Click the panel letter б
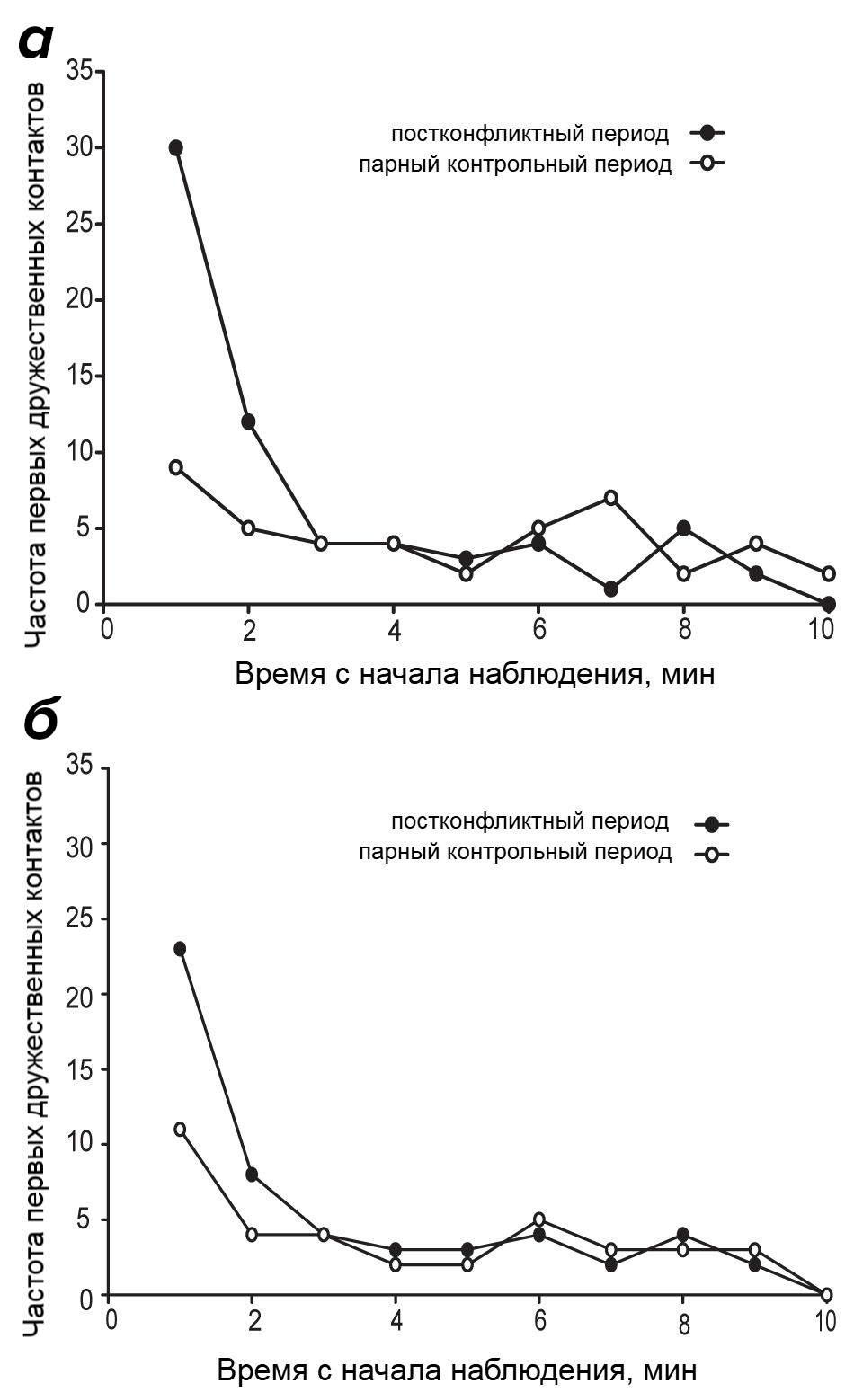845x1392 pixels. point(40,722)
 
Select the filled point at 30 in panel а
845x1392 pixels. point(176,148)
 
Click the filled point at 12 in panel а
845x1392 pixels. point(248,421)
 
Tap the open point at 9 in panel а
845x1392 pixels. point(176,467)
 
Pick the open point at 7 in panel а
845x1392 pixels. point(611,497)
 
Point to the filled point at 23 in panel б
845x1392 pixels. point(180,949)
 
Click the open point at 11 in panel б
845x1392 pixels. point(180,1130)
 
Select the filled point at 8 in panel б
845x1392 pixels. point(252,1175)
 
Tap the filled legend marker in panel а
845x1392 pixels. point(707,133)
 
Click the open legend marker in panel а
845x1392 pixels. point(707,164)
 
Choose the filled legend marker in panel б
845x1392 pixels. point(712,823)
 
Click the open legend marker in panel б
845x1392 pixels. point(712,854)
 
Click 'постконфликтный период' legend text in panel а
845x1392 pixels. point(529,134)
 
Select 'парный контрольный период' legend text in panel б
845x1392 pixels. point(514,852)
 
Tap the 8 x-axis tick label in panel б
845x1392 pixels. point(684,1325)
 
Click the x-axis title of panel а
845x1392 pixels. point(475,673)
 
